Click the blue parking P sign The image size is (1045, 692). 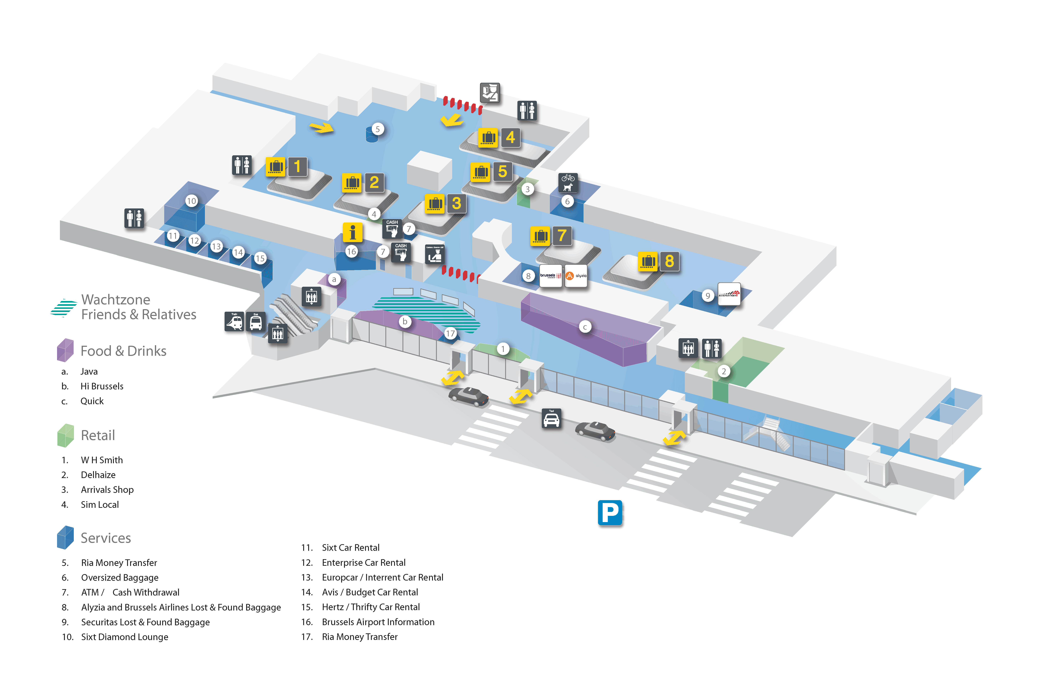tap(610, 512)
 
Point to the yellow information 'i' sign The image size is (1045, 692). tap(352, 232)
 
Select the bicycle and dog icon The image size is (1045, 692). tap(568, 182)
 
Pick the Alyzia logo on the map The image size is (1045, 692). tap(576, 276)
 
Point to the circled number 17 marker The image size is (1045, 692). tap(450, 334)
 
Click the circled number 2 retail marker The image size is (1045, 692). tap(723, 371)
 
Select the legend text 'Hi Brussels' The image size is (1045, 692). tap(102, 386)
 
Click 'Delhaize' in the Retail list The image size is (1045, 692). tap(98, 475)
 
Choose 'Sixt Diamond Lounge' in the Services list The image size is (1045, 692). tap(124, 637)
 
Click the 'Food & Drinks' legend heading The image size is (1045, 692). tap(123, 351)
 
